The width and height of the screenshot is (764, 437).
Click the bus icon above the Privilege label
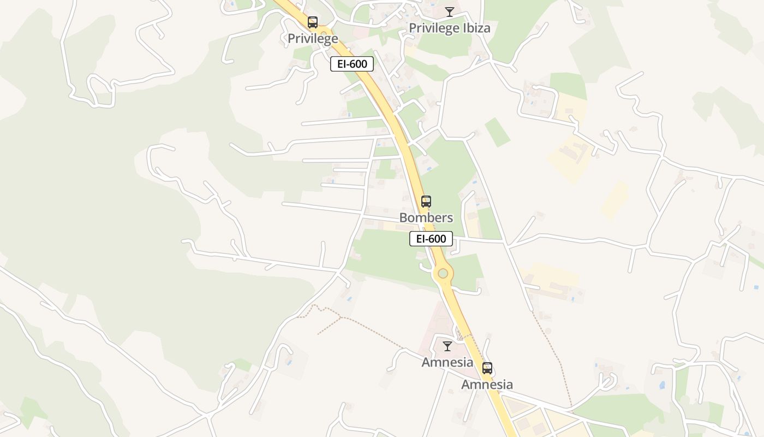(313, 22)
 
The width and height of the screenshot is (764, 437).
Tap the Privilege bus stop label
(313, 38)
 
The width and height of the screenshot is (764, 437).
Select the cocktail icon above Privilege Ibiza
(450, 11)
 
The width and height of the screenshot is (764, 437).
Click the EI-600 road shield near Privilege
(352, 64)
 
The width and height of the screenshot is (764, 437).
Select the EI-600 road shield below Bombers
(431, 239)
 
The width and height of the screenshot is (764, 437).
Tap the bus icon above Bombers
(426, 201)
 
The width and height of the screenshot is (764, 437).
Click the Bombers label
(426, 217)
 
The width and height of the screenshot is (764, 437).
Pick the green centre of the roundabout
(443, 273)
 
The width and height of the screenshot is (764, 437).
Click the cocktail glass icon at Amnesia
(447, 346)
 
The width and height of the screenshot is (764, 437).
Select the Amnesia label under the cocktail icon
(447, 362)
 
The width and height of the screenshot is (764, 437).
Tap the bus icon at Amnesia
(487, 368)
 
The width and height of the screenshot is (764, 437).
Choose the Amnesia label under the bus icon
(487, 384)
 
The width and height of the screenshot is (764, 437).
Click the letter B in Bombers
(404, 217)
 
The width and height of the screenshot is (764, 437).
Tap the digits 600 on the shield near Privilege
(359, 64)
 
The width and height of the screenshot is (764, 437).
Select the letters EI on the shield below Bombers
(421, 239)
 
